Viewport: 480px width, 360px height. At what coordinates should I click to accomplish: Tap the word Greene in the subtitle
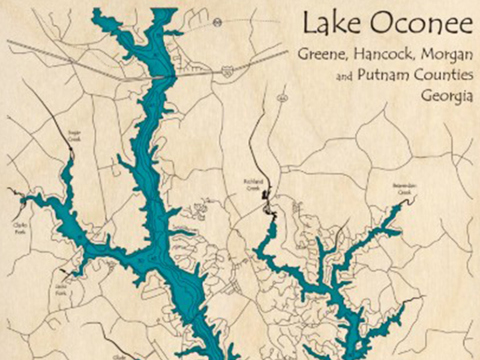pos(321,55)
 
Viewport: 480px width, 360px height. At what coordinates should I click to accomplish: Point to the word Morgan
pos(446,55)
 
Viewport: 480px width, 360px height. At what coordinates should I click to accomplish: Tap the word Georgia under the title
pos(447,96)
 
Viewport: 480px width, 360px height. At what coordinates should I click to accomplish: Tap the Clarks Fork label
pos(17,225)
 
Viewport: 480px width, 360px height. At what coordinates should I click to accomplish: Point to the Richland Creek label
pos(250,186)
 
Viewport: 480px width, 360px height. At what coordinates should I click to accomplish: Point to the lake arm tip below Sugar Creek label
pos(72,158)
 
